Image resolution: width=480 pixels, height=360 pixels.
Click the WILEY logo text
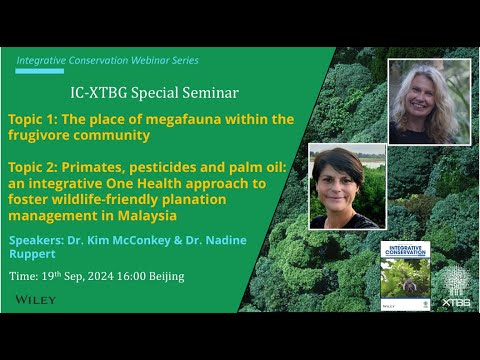[x=36, y=299]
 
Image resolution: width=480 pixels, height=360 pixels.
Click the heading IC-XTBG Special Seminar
[x=155, y=93]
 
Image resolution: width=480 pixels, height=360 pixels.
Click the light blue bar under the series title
[x=39, y=71]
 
